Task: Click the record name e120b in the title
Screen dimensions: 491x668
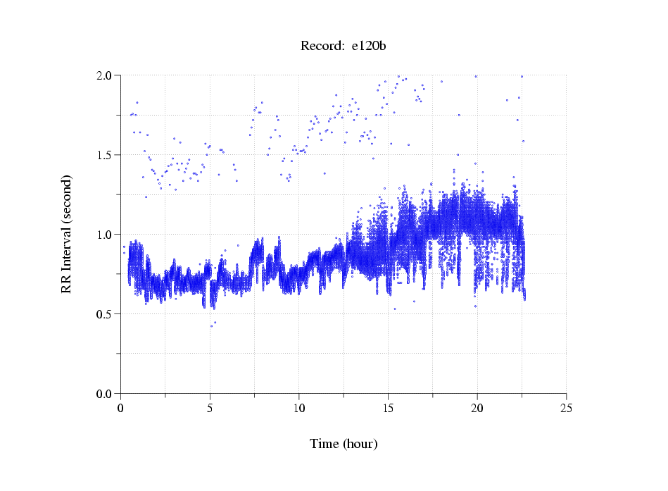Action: click(x=369, y=46)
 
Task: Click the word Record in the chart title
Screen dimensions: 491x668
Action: click(x=322, y=46)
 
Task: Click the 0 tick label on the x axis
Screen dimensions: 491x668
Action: click(x=121, y=408)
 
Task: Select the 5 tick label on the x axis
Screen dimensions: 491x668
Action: click(x=210, y=408)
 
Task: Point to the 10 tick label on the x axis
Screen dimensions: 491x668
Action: click(x=299, y=408)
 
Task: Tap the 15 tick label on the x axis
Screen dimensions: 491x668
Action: click(x=388, y=408)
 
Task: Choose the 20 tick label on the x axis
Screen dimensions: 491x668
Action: click(x=477, y=408)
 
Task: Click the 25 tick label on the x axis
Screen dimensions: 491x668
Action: click(x=566, y=408)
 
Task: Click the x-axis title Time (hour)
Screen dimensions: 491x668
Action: click(x=344, y=444)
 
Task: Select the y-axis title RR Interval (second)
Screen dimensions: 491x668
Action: click(x=67, y=234)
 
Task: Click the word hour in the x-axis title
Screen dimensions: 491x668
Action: click(x=361, y=444)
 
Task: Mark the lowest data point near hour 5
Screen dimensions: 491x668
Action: click(x=211, y=326)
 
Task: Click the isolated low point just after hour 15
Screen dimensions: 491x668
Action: click(x=395, y=309)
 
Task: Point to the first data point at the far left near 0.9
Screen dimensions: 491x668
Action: click(x=124, y=247)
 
